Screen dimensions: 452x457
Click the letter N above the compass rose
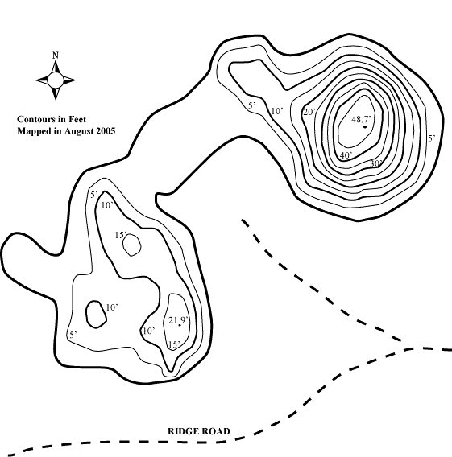pos(56,55)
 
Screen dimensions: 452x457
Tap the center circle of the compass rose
pos(55,80)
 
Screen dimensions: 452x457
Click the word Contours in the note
pos(35,119)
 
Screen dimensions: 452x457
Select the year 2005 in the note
pos(107,131)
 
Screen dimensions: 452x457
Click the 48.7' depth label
pos(361,119)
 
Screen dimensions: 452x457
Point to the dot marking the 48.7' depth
pos(365,127)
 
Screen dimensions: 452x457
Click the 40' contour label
pos(346,155)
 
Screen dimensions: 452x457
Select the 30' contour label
pos(375,163)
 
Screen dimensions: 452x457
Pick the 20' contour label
pos(309,112)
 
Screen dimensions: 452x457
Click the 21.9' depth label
pos(178,320)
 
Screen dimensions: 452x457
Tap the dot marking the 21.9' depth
pos(180,325)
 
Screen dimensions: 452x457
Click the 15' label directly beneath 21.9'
pos(174,344)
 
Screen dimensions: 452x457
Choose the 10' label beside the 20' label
pos(277,111)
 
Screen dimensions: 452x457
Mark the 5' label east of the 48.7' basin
pos(432,138)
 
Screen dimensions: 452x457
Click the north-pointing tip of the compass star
pos(56,60)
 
